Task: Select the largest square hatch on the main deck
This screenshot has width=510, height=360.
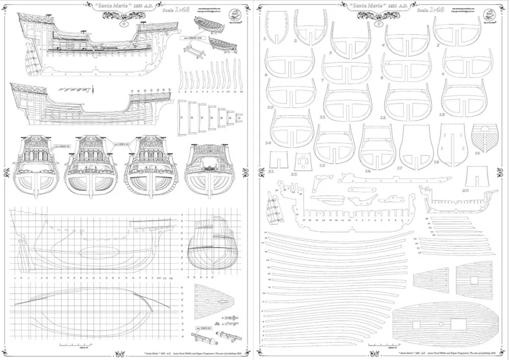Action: click(458, 323)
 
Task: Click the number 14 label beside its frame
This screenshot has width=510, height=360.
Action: click(268, 143)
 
